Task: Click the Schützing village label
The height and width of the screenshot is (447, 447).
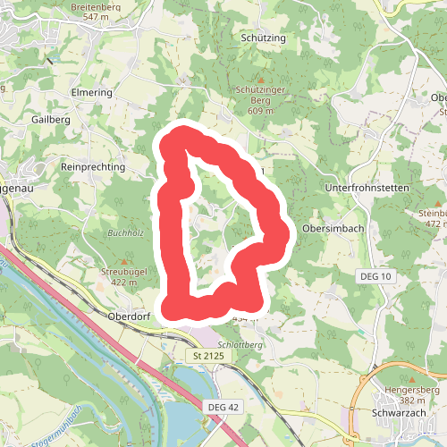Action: (x=263, y=39)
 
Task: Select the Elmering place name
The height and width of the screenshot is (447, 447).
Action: (x=90, y=92)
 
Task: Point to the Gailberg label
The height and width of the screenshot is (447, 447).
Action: (x=50, y=120)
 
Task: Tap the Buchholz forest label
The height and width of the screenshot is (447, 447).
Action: (x=125, y=234)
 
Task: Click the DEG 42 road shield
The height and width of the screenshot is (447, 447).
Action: (x=224, y=408)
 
